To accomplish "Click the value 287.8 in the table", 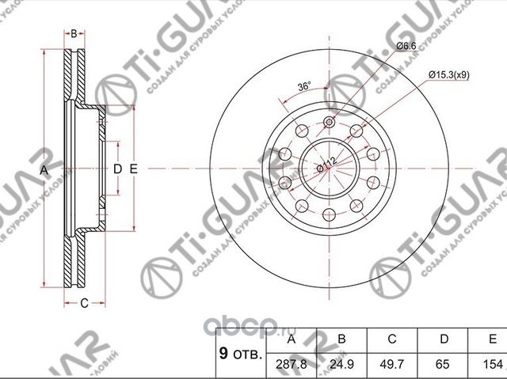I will [x=292, y=365].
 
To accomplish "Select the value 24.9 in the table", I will [x=342, y=365].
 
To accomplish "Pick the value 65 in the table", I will [x=444, y=365].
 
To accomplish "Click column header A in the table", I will [x=292, y=340].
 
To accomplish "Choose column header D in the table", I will [x=444, y=340].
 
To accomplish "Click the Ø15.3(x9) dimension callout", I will [x=450, y=74].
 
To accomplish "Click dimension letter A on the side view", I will [x=44, y=169].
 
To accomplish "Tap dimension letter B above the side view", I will [x=74, y=33].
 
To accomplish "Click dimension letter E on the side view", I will [x=134, y=169].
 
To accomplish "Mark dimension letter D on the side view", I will [x=116, y=169].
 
